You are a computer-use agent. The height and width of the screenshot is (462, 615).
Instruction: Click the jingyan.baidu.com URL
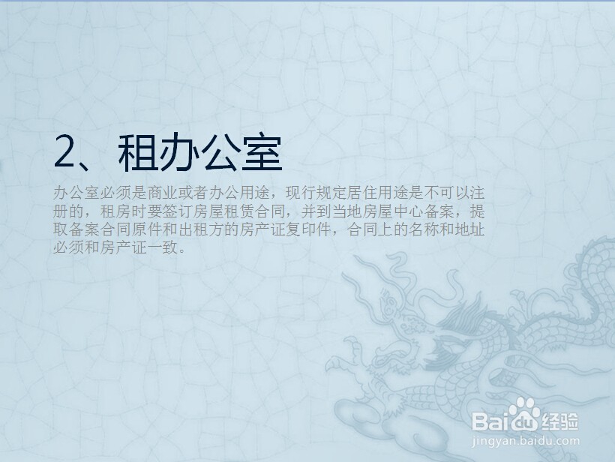527,442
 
